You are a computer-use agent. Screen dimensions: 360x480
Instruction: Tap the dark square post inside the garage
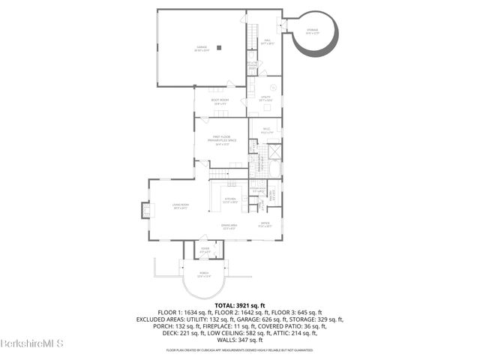coord(219,48)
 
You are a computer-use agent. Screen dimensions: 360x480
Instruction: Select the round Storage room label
coord(312,31)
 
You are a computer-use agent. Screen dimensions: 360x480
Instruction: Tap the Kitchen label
coord(230,200)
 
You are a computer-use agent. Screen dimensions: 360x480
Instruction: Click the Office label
coord(265,223)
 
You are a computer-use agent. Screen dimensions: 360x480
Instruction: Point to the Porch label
coord(204,274)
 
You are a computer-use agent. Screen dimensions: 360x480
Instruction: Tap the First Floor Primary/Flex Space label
coord(220,139)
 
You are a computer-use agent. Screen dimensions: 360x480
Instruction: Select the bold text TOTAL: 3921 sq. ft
coord(240,305)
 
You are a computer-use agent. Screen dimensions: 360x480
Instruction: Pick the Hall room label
coord(265,42)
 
